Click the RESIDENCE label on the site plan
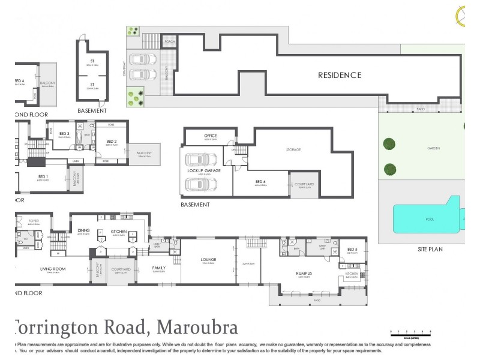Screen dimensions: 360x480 (340, 75)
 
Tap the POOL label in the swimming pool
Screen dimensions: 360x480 (430, 220)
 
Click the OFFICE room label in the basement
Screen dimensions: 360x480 (210, 136)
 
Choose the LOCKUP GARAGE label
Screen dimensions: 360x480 (205, 171)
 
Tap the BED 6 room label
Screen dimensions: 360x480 (260, 182)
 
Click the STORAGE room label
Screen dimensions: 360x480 (293, 149)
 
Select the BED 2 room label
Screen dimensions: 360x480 (112, 142)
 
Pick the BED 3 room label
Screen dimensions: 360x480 (65, 133)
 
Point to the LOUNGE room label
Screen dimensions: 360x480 (208, 259)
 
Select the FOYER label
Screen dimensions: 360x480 (33, 221)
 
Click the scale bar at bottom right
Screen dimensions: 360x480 (410, 331)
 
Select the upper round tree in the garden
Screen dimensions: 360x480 (389, 144)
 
